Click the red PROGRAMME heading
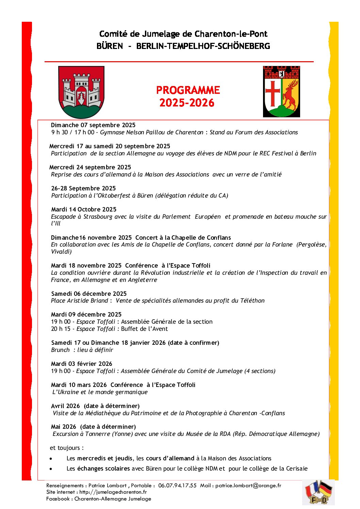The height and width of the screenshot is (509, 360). click(x=188, y=90)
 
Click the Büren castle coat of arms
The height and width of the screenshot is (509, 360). click(x=81, y=92)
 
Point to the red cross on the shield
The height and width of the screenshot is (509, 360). click(x=273, y=92)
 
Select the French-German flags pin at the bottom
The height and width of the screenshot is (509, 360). click(x=318, y=492)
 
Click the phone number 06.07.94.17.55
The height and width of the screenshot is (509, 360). click(x=177, y=486)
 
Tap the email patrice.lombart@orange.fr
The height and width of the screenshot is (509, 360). click(x=248, y=486)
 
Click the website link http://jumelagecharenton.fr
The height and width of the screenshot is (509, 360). click(x=113, y=492)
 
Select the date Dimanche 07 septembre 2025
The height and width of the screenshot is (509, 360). click(x=93, y=125)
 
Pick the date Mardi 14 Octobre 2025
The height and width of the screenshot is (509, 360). click(x=84, y=209)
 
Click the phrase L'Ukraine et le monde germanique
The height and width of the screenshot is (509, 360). click(x=100, y=392)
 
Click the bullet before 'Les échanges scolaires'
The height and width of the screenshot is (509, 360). click(x=51, y=469)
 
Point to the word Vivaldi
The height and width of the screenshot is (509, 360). click(x=61, y=252)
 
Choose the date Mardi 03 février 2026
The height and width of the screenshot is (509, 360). click(x=81, y=364)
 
